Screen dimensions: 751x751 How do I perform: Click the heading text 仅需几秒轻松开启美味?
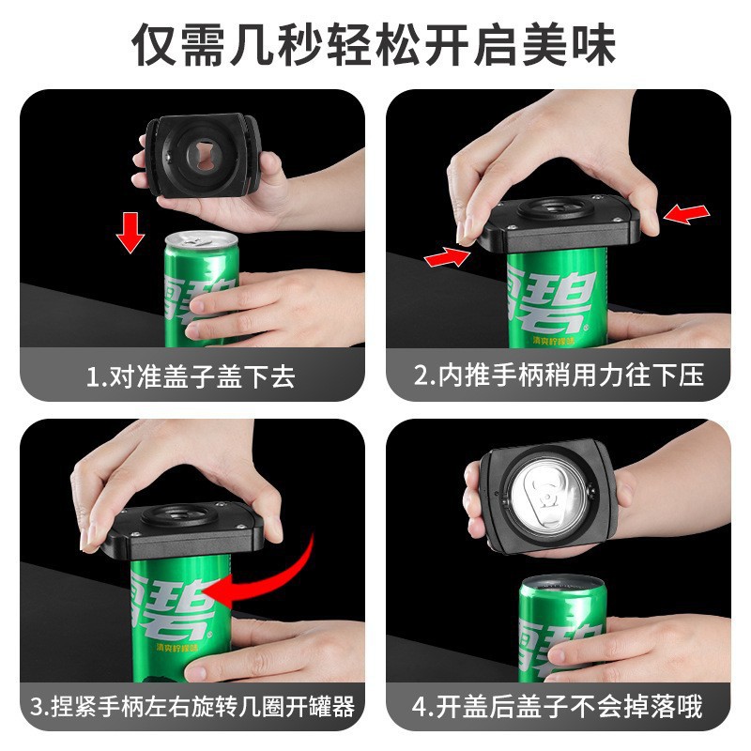(375, 44)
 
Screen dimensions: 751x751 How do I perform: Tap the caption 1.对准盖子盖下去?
(192, 376)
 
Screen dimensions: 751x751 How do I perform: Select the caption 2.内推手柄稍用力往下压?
(559, 376)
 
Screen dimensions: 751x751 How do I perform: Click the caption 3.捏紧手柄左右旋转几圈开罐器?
(192, 706)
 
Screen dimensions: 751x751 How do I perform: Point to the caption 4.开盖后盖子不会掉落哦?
(559, 706)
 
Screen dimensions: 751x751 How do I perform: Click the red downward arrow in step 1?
(130, 231)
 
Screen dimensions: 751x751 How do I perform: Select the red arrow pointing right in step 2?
(447, 255)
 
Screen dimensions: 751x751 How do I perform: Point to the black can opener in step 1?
(203, 156)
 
